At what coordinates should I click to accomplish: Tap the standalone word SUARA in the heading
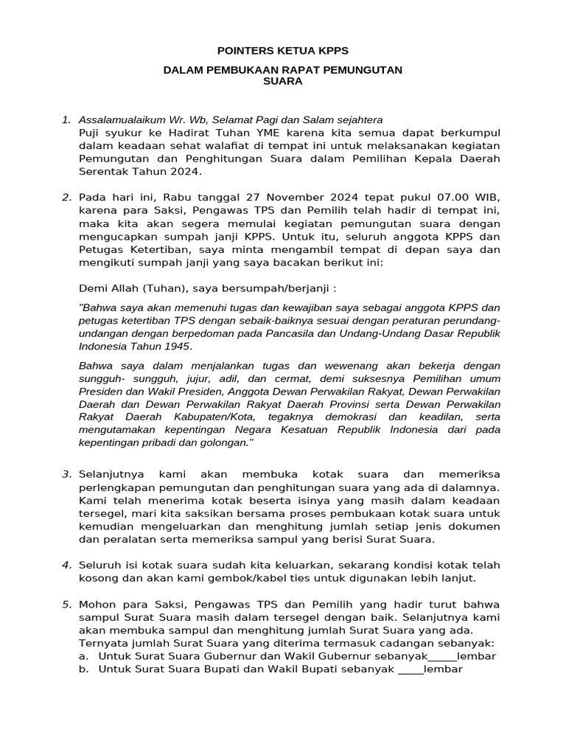click(283, 82)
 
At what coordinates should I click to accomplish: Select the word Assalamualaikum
click(121, 119)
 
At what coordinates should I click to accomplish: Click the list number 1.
click(66, 119)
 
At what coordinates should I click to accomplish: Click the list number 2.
click(66, 197)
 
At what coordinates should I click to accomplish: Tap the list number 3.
click(66, 473)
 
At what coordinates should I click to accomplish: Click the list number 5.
click(66, 605)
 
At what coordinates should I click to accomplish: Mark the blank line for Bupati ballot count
click(410, 669)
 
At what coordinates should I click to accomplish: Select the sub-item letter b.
click(85, 669)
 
